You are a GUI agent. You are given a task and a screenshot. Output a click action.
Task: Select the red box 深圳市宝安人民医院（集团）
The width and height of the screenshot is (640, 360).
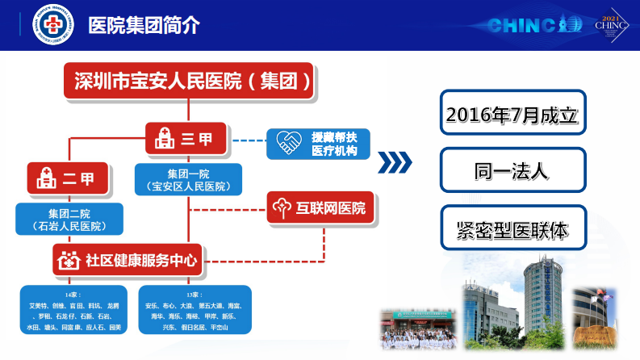[190, 82]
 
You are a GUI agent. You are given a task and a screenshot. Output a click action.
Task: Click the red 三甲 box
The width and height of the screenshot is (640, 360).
[186, 139]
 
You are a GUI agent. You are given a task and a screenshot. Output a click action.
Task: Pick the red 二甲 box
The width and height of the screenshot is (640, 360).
[68, 178]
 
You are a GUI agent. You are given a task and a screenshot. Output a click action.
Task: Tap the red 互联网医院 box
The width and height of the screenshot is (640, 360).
[320, 208]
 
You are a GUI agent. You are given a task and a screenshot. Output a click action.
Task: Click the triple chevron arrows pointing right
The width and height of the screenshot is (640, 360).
[395, 162]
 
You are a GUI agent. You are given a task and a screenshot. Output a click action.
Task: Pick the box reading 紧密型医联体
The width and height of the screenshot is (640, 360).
[512, 228]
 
